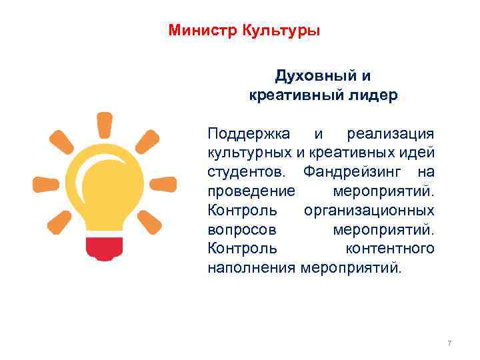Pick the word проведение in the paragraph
coord(251,192)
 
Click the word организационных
coord(369,211)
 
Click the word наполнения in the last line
coord(251,268)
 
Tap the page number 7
coord(449,343)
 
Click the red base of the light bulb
coord(105,248)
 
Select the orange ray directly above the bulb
coord(105,125)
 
